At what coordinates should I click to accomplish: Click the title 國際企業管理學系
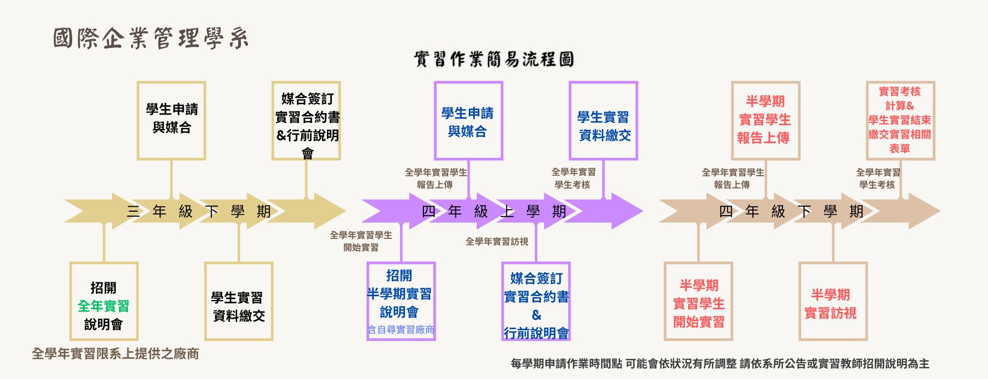point(151,38)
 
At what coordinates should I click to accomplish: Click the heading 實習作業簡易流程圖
point(494,60)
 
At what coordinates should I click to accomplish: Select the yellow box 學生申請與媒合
point(171,120)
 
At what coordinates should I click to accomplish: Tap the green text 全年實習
point(103,306)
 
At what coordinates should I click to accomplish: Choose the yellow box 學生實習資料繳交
point(239,301)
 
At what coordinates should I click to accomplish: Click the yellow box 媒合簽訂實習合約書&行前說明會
point(306,121)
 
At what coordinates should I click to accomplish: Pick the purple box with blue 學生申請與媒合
point(468,121)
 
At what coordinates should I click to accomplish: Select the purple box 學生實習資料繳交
point(603,121)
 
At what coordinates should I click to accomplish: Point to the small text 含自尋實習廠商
point(401,330)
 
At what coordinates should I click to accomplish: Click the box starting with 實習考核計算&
point(900,120)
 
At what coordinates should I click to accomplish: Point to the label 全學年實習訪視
point(496,241)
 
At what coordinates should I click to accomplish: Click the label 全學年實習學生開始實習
point(361,241)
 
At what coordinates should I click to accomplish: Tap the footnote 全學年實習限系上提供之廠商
point(115,354)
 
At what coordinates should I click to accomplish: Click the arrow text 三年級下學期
point(199,212)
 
